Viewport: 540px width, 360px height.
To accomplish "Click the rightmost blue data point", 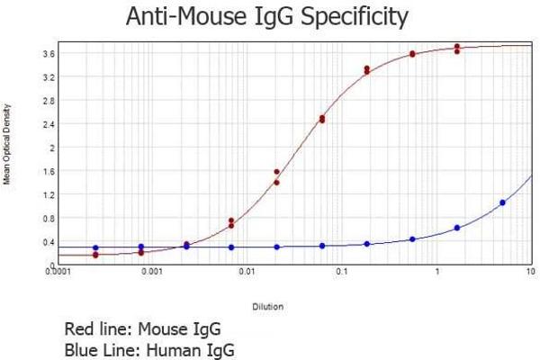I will coord(502,202).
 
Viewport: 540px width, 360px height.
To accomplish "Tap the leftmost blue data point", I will coord(95,247).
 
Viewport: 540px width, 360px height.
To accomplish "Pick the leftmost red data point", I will coord(95,256).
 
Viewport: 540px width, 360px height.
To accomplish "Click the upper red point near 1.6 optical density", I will coord(276,172).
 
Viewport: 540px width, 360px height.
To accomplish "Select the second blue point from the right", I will coord(457,228).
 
